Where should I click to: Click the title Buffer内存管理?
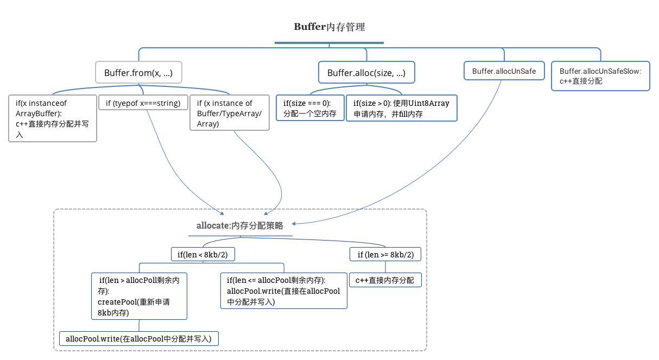tap(329, 27)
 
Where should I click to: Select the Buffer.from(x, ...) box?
tap(138, 73)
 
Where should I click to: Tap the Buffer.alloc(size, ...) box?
tap(366, 73)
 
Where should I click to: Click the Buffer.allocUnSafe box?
tap(504, 71)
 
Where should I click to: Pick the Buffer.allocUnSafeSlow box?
tap(600, 76)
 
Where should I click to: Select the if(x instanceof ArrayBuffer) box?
tap(53, 118)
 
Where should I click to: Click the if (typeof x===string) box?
tap(143, 103)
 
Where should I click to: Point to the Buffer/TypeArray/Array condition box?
tap(229, 113)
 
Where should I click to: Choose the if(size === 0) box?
tap(310, 108)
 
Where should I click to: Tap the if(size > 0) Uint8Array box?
tap(401, 108)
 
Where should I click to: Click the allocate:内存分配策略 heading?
tap(240, 226)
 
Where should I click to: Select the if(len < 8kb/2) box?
tap(202, 254)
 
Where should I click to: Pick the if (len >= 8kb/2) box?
tap(385, 254)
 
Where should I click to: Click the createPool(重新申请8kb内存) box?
tap(140, 296)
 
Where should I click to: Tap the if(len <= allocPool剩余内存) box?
tap(283, 290)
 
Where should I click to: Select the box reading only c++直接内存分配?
tap(385, 280)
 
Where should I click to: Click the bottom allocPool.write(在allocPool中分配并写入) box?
tap(138, 338)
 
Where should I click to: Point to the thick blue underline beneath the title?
tap(329, 43)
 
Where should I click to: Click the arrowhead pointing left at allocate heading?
tap(294, 223)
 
